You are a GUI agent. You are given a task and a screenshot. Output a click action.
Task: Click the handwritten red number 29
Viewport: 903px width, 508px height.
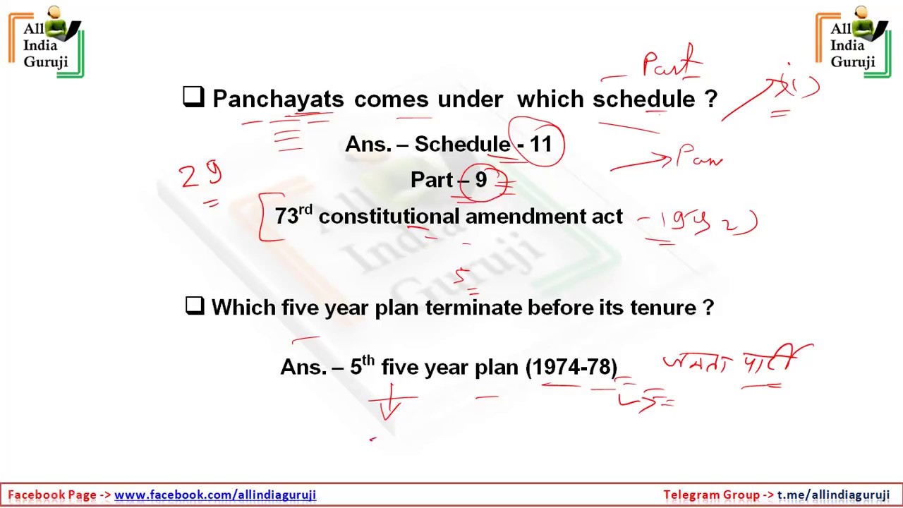[x=200, y=176]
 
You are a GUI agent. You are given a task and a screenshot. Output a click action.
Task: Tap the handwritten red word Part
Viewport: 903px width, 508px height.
[x=670, y=63]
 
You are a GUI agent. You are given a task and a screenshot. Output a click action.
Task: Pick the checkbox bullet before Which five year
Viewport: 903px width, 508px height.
[x=194, y=306]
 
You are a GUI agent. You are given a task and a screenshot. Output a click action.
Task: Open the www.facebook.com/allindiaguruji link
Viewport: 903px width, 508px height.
[x=215, y=495]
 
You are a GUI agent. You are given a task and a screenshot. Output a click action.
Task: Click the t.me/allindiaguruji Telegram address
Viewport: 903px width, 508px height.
[x=833, y=495]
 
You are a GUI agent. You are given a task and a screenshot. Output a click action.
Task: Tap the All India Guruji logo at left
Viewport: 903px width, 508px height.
[x=47, y=42]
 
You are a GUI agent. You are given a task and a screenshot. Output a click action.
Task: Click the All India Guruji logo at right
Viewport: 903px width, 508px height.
[x=854, y=42]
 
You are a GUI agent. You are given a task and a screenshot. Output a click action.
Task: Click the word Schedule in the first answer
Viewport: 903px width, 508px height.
[x=462, y=145]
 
